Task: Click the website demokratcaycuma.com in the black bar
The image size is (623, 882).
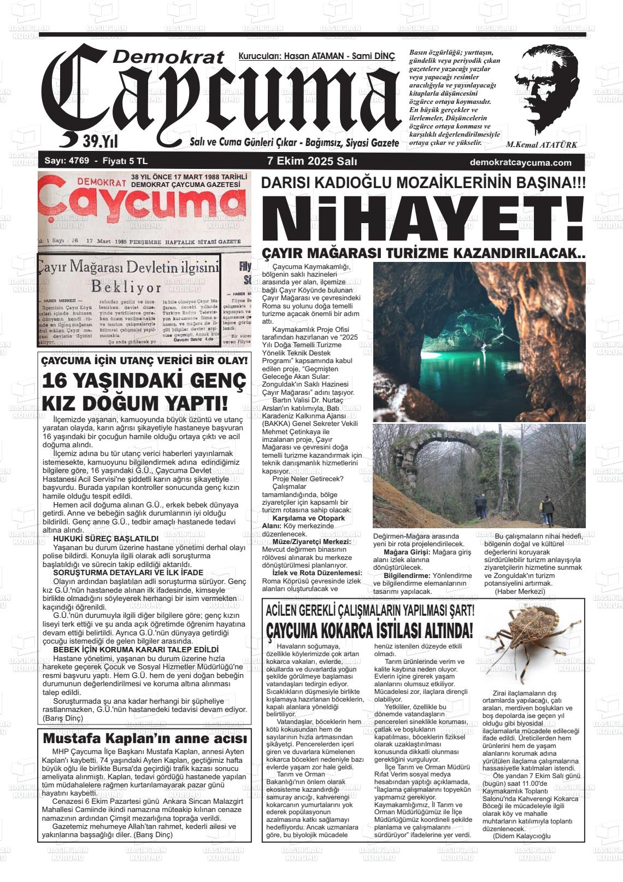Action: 520,162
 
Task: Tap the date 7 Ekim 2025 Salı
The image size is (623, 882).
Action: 312,162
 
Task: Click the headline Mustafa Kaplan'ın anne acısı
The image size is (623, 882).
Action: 145,738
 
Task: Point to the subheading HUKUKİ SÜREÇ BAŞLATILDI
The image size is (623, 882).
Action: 105,539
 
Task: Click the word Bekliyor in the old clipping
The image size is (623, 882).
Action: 126,287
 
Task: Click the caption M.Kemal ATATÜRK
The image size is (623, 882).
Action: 541,145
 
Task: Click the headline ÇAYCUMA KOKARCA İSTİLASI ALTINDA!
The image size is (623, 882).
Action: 369,630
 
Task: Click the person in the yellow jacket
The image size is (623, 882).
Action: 546,509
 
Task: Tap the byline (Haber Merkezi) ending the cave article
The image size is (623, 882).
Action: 520,591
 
